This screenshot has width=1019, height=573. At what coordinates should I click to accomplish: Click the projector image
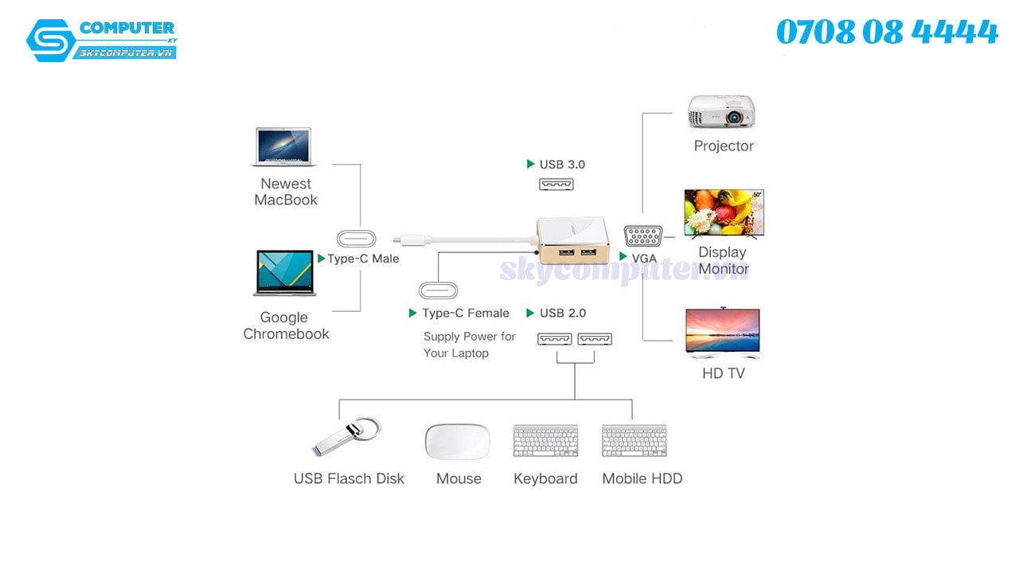(721, 112)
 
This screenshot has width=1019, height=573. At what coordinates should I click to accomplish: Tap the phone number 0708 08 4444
(887, 33)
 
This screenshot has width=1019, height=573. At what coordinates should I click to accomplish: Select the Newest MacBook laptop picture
(284, 147)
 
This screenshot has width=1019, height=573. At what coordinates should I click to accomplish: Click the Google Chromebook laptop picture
(285, 273)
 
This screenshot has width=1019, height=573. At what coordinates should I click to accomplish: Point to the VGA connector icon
(643, 237)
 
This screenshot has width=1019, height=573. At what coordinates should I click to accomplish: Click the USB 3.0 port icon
(556, 185)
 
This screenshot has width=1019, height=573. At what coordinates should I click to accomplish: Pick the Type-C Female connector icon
(439, 290)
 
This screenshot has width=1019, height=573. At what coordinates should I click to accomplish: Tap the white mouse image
(458, 442)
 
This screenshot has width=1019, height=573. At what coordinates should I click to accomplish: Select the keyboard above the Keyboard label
(545, 441)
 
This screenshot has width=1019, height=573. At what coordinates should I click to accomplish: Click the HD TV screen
(722, 330)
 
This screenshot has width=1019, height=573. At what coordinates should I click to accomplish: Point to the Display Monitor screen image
(724, 212)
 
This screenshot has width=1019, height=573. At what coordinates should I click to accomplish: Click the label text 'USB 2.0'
(563, 313)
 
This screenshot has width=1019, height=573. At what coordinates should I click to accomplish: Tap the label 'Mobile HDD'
(642, 478)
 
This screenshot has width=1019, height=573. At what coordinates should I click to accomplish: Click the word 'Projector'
(723, 146)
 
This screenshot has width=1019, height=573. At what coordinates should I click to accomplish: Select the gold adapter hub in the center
(573, 241)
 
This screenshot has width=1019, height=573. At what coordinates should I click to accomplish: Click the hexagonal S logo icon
(49, 40)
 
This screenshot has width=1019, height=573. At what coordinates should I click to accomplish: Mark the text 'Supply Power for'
(470, 337)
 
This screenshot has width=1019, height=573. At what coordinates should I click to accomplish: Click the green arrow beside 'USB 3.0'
(531, 164)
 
